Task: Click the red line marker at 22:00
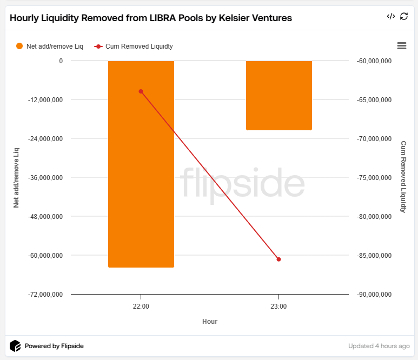(141, 91)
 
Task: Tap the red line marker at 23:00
(278, 259)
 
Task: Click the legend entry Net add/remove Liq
(49, 46)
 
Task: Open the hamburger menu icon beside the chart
(402, 46)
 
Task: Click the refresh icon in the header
(404, 17)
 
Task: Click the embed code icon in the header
(391, 17)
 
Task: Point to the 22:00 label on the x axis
(141, 306)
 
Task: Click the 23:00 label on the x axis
(278, 306)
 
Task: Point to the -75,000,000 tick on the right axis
(374, 178)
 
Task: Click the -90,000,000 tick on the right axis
(374, 295)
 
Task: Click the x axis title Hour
(210, 322)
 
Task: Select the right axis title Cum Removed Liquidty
(403, 177)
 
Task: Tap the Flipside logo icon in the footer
(16, 346)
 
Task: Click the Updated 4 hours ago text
(379, 346)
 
